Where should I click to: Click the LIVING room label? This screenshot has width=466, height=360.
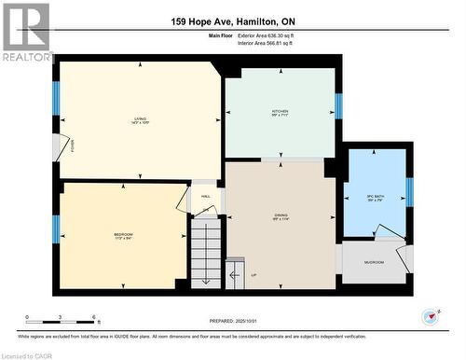pos(139,118)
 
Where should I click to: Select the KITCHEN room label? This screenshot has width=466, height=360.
pos(280,111)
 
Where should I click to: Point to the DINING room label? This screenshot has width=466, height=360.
pos(281,216)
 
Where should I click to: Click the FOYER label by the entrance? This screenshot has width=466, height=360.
pos(73,145)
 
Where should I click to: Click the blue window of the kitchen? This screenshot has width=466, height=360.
pos(338,106)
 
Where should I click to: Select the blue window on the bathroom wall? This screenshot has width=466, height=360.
pos(408,191)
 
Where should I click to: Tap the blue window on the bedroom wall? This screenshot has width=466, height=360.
pos(56,228)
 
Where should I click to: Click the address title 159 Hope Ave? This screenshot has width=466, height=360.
pos(232,21)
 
